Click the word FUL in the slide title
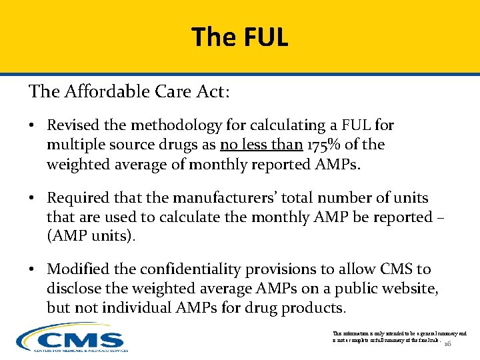265,37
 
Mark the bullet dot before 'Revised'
33,125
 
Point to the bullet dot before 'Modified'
33,269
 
